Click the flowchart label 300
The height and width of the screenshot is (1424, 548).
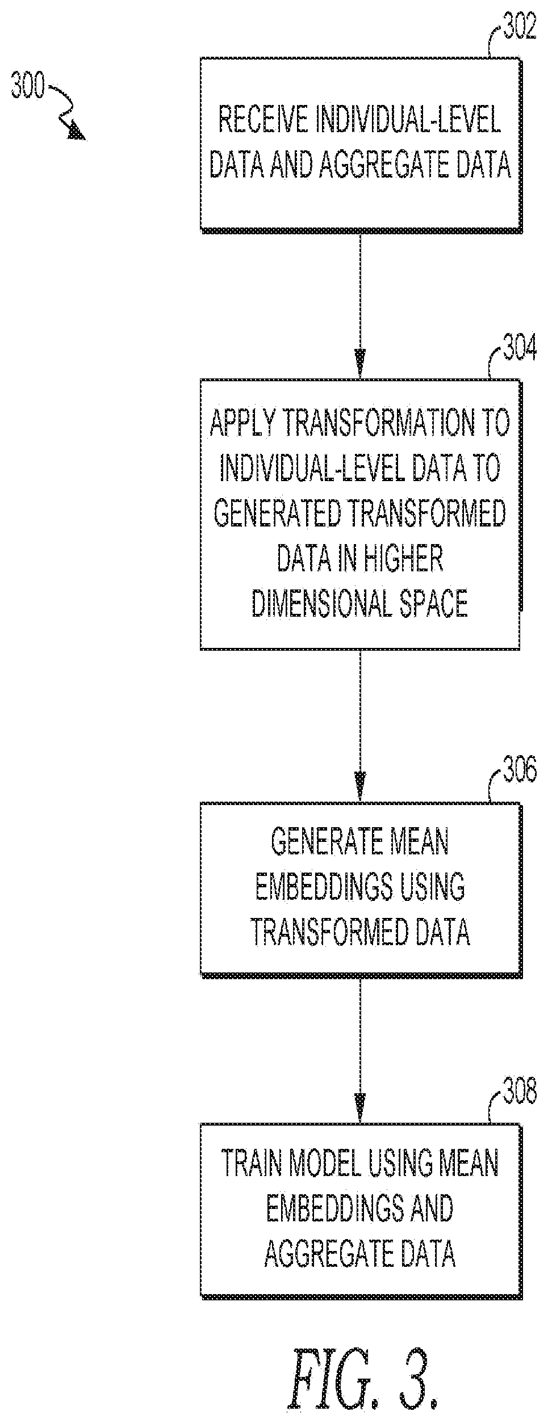pyautogui.click(x=28, y=88)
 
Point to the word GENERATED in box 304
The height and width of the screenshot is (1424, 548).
pyautogui.click(x=277, y=514)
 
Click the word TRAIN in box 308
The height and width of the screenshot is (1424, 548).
pyautogui.click(x=252, y=1163)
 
